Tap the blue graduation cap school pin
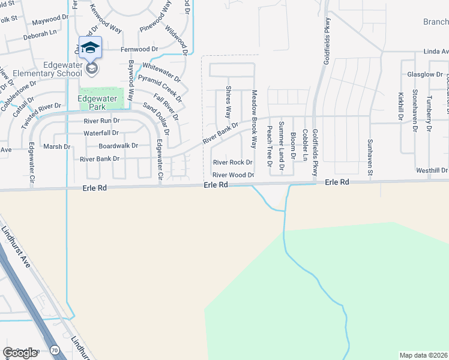(91, 47)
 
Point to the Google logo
(20, 353)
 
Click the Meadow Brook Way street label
(254, 120)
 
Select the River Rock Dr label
(232, 163)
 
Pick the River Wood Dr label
(234, 175)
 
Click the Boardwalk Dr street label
(118, 145)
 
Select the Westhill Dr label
(432, 171)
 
